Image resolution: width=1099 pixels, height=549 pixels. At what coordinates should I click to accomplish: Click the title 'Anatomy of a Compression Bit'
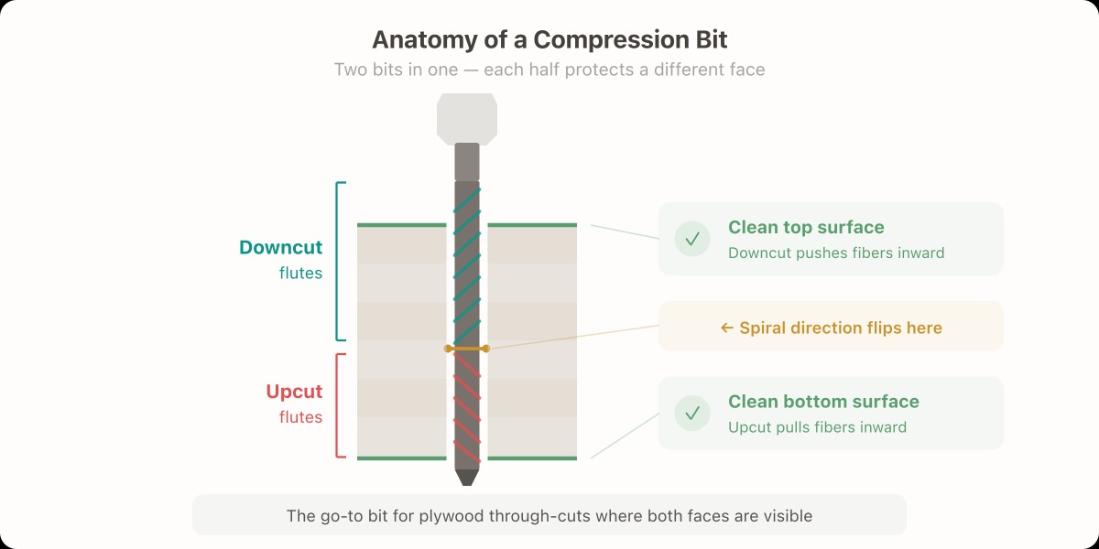(549, 40)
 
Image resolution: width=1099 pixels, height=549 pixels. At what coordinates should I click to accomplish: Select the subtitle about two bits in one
(549, 70)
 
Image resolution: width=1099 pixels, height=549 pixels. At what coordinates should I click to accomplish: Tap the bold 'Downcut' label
(281, 247)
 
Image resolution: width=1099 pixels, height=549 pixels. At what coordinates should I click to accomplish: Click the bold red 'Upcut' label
(294, 392)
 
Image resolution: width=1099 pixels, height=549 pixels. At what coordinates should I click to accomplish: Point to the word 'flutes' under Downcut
(301, 273)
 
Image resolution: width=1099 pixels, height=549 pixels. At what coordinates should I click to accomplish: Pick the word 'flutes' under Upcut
(301, 417)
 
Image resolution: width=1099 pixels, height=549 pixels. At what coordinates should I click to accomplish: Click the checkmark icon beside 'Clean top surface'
(692, 239)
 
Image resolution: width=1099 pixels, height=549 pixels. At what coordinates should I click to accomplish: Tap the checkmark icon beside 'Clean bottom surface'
(692, 413)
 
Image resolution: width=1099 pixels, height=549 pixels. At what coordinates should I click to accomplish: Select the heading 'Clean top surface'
(806, 228)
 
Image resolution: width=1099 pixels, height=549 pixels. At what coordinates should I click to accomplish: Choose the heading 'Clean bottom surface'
(823, 402)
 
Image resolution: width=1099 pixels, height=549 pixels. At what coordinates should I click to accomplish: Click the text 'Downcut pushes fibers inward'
(836, 253)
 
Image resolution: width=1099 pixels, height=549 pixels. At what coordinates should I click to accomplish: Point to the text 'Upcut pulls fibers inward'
(817, 426)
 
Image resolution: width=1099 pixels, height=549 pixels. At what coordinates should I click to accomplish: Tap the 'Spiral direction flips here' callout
(831, 328)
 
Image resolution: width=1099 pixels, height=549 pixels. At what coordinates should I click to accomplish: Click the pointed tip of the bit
(467, 478)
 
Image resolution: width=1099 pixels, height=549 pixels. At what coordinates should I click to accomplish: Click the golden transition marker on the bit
(467, 349)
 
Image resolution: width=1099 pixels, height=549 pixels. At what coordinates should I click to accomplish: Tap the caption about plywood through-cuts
(549, 516)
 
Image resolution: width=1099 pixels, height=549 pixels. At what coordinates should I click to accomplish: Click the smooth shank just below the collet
(467, 162)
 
